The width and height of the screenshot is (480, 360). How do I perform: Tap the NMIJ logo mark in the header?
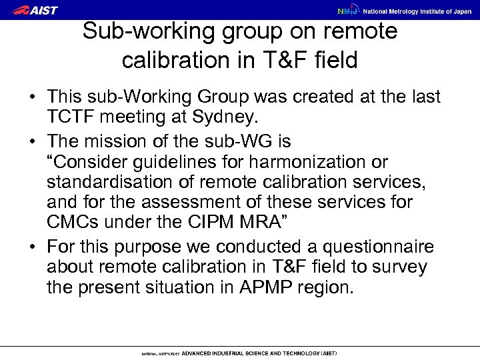tap(345, 11)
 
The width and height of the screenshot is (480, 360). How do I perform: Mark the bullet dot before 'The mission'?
tap(32, 143)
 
